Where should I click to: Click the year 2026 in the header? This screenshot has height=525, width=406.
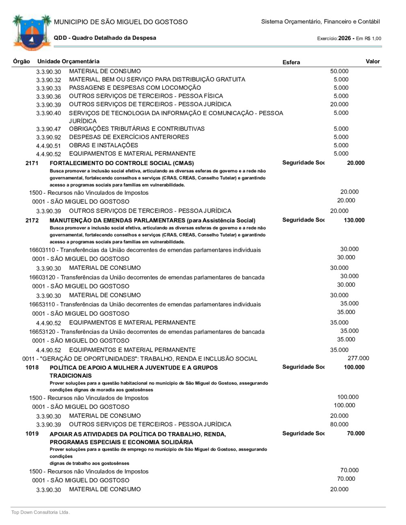344,38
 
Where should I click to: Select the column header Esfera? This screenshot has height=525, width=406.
291,62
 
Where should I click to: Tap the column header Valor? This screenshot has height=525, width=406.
372,61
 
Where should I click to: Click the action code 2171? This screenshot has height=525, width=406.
32,163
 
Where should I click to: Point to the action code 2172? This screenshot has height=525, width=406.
32,220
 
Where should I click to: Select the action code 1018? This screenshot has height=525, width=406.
32,368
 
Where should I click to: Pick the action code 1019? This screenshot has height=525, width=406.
32,434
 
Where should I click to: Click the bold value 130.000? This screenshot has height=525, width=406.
354,220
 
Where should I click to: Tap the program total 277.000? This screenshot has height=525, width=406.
358,358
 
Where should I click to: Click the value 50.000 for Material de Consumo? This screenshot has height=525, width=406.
339,71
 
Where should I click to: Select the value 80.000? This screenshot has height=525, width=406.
339,424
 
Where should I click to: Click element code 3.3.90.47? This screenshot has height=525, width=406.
48,129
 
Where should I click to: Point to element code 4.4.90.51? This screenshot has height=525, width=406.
48,146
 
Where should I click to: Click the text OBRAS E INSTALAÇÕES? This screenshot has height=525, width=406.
104,145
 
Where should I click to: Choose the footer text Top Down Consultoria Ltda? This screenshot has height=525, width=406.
41,512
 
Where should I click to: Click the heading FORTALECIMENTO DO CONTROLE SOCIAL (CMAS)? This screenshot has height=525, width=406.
121,163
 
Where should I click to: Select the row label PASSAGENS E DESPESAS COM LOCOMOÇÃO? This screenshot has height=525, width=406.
135,88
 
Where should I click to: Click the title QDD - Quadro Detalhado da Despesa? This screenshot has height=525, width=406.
105,38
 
